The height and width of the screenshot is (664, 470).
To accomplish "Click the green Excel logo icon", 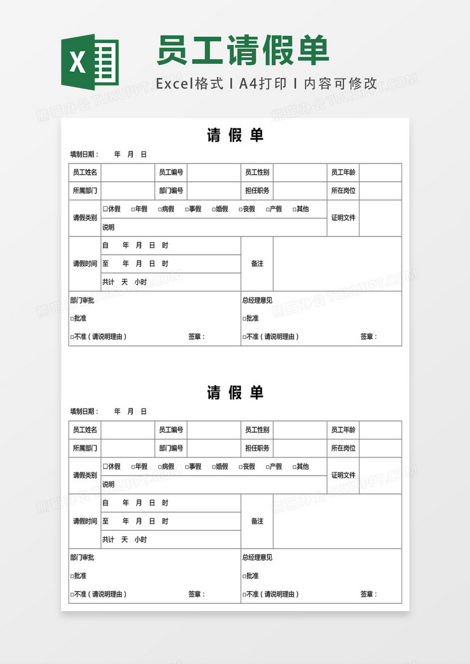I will (90, 61).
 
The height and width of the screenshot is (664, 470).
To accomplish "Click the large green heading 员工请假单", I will (243, 50).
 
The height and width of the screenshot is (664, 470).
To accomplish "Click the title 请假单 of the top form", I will (235, 136).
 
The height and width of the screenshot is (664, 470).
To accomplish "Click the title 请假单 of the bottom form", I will (235, 393).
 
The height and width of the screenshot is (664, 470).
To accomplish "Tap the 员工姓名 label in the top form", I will (85, 172).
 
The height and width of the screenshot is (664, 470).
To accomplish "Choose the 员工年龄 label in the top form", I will (343, 172).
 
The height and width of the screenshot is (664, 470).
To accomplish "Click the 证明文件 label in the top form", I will (343, 218).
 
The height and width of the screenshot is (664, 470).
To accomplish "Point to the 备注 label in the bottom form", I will (257, 521).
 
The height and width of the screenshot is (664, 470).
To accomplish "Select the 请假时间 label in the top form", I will (85, 264).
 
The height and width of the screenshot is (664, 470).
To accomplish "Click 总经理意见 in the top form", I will (257, 300).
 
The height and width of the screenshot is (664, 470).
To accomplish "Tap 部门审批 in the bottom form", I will (82, 557).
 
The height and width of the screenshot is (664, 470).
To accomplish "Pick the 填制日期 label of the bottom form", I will (83, 412).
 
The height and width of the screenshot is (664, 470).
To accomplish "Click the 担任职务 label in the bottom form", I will (257, 448).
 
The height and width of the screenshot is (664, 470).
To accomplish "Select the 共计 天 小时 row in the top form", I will (124, 282).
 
